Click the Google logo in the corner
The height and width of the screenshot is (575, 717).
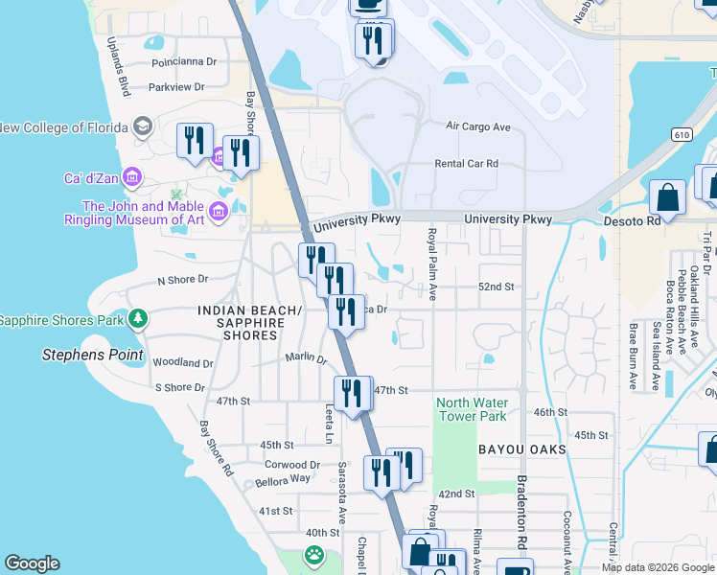[32, 563]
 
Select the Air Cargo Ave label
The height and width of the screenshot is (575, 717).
[478, 126]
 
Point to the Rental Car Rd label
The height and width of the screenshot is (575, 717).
[467, 164]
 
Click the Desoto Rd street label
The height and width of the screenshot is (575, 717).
[632, 219]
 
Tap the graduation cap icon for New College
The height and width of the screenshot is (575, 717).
[143, 126]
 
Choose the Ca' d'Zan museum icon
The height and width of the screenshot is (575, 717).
[132, 177]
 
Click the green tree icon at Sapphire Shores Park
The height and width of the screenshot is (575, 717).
[139, 318]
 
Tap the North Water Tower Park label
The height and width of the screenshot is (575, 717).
[472, 409]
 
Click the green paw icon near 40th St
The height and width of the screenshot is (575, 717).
[313, 554]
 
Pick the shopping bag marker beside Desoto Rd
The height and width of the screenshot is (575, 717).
[667, 197]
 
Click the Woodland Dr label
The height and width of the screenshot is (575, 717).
[182, 363]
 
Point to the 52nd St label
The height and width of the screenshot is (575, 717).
[497, 287]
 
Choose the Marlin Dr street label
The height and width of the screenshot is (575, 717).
[306, 359]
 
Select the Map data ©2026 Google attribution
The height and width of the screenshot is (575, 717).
[657, 567]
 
